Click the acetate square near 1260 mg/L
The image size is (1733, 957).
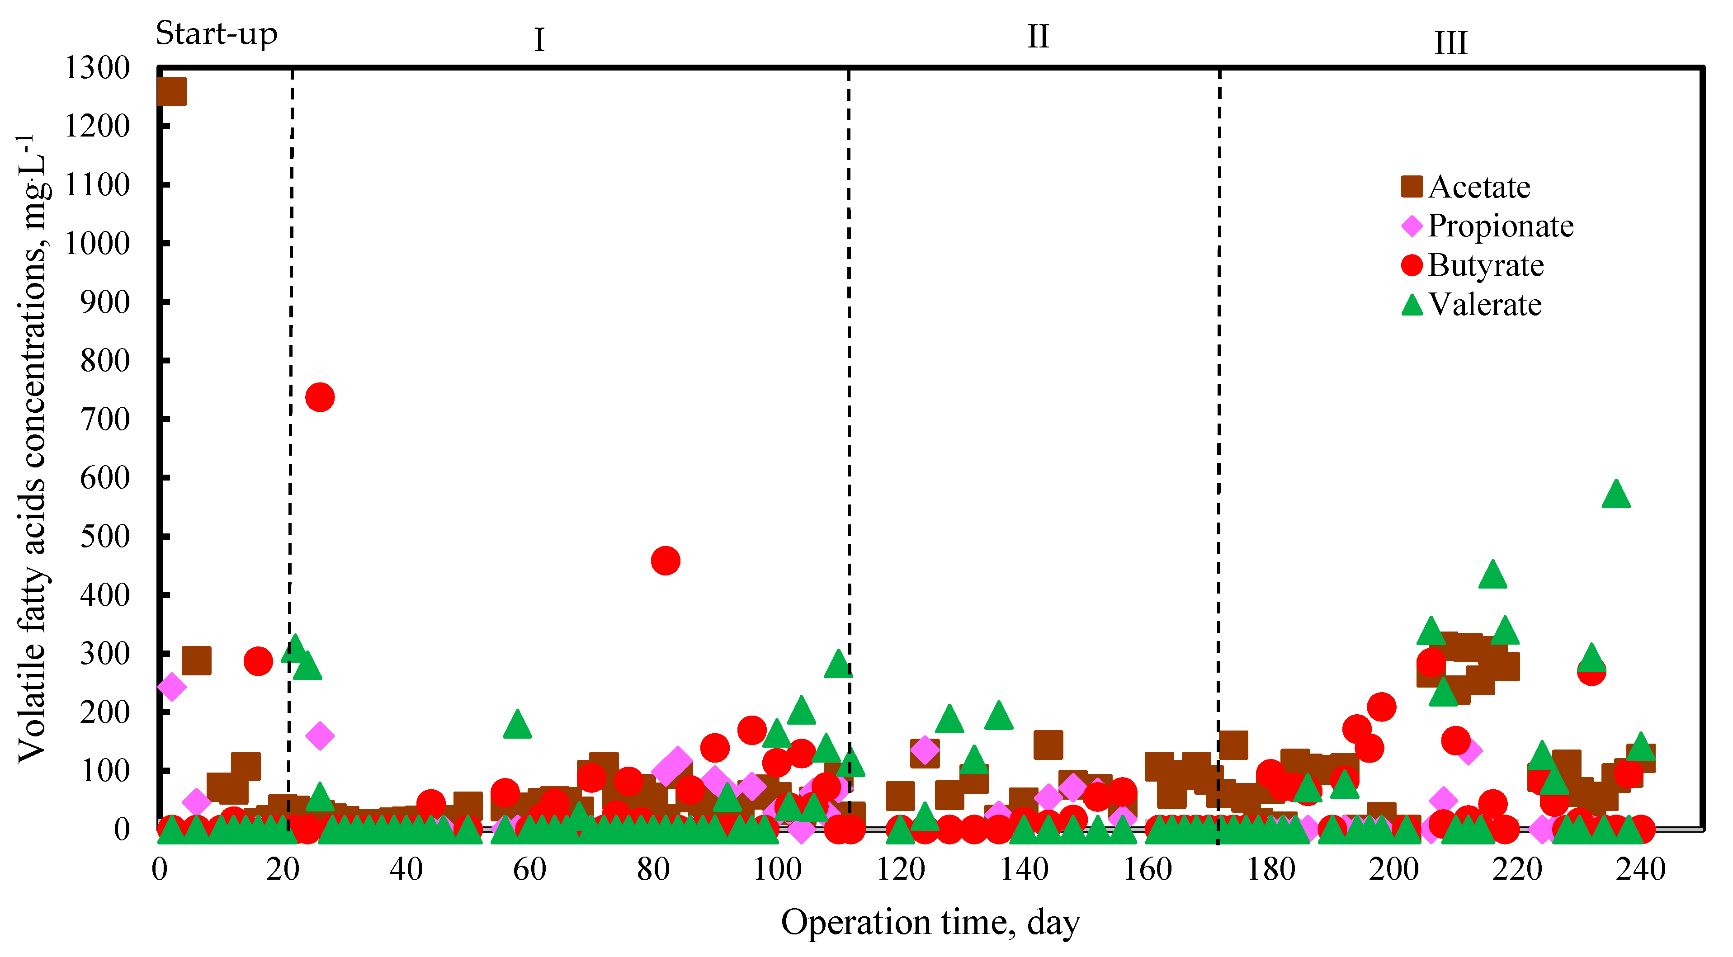coord(171,91)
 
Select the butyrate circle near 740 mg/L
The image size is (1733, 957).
coord(320,397)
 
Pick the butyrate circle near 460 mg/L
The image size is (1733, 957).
coord(666,560)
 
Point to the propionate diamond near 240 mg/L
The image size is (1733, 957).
coord(171,687)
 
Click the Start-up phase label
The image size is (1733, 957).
coord(216,33)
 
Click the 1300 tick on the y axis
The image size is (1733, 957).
coord(96,67)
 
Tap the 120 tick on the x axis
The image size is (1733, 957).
coord(900,870)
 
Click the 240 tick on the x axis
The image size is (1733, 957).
coord(1641,870)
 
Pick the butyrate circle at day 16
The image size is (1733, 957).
coord(258,661)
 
